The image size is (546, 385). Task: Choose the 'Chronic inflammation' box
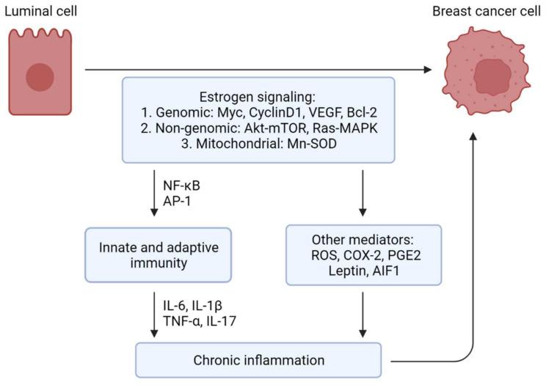point(259,360)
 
